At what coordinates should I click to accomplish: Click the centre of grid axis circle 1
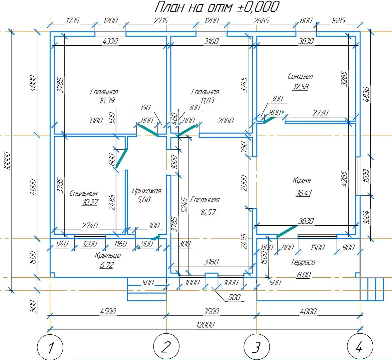(x=50, y=347)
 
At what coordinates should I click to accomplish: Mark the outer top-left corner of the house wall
(x=50, y=32)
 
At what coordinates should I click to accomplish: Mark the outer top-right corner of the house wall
(x=360, y=32)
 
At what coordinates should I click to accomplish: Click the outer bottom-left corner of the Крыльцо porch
(x=50, y=277)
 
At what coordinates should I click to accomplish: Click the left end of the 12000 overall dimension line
(x=50, y=329)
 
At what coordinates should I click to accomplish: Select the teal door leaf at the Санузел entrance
(x=269, y=120)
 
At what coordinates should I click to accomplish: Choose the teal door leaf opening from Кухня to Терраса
(x=286, y=231)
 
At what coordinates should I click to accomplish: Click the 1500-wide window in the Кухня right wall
(x=358, y=176)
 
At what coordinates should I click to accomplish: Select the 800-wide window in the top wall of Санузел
(x=306, y=34)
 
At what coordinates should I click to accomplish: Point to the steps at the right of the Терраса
(x=372, y=289)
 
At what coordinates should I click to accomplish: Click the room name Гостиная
(x=205, y=200)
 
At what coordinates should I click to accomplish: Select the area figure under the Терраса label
(x=304, y=275)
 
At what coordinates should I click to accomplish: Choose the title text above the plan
(x=217, y=7)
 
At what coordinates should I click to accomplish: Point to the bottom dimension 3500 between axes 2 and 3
(x=211, y=311)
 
